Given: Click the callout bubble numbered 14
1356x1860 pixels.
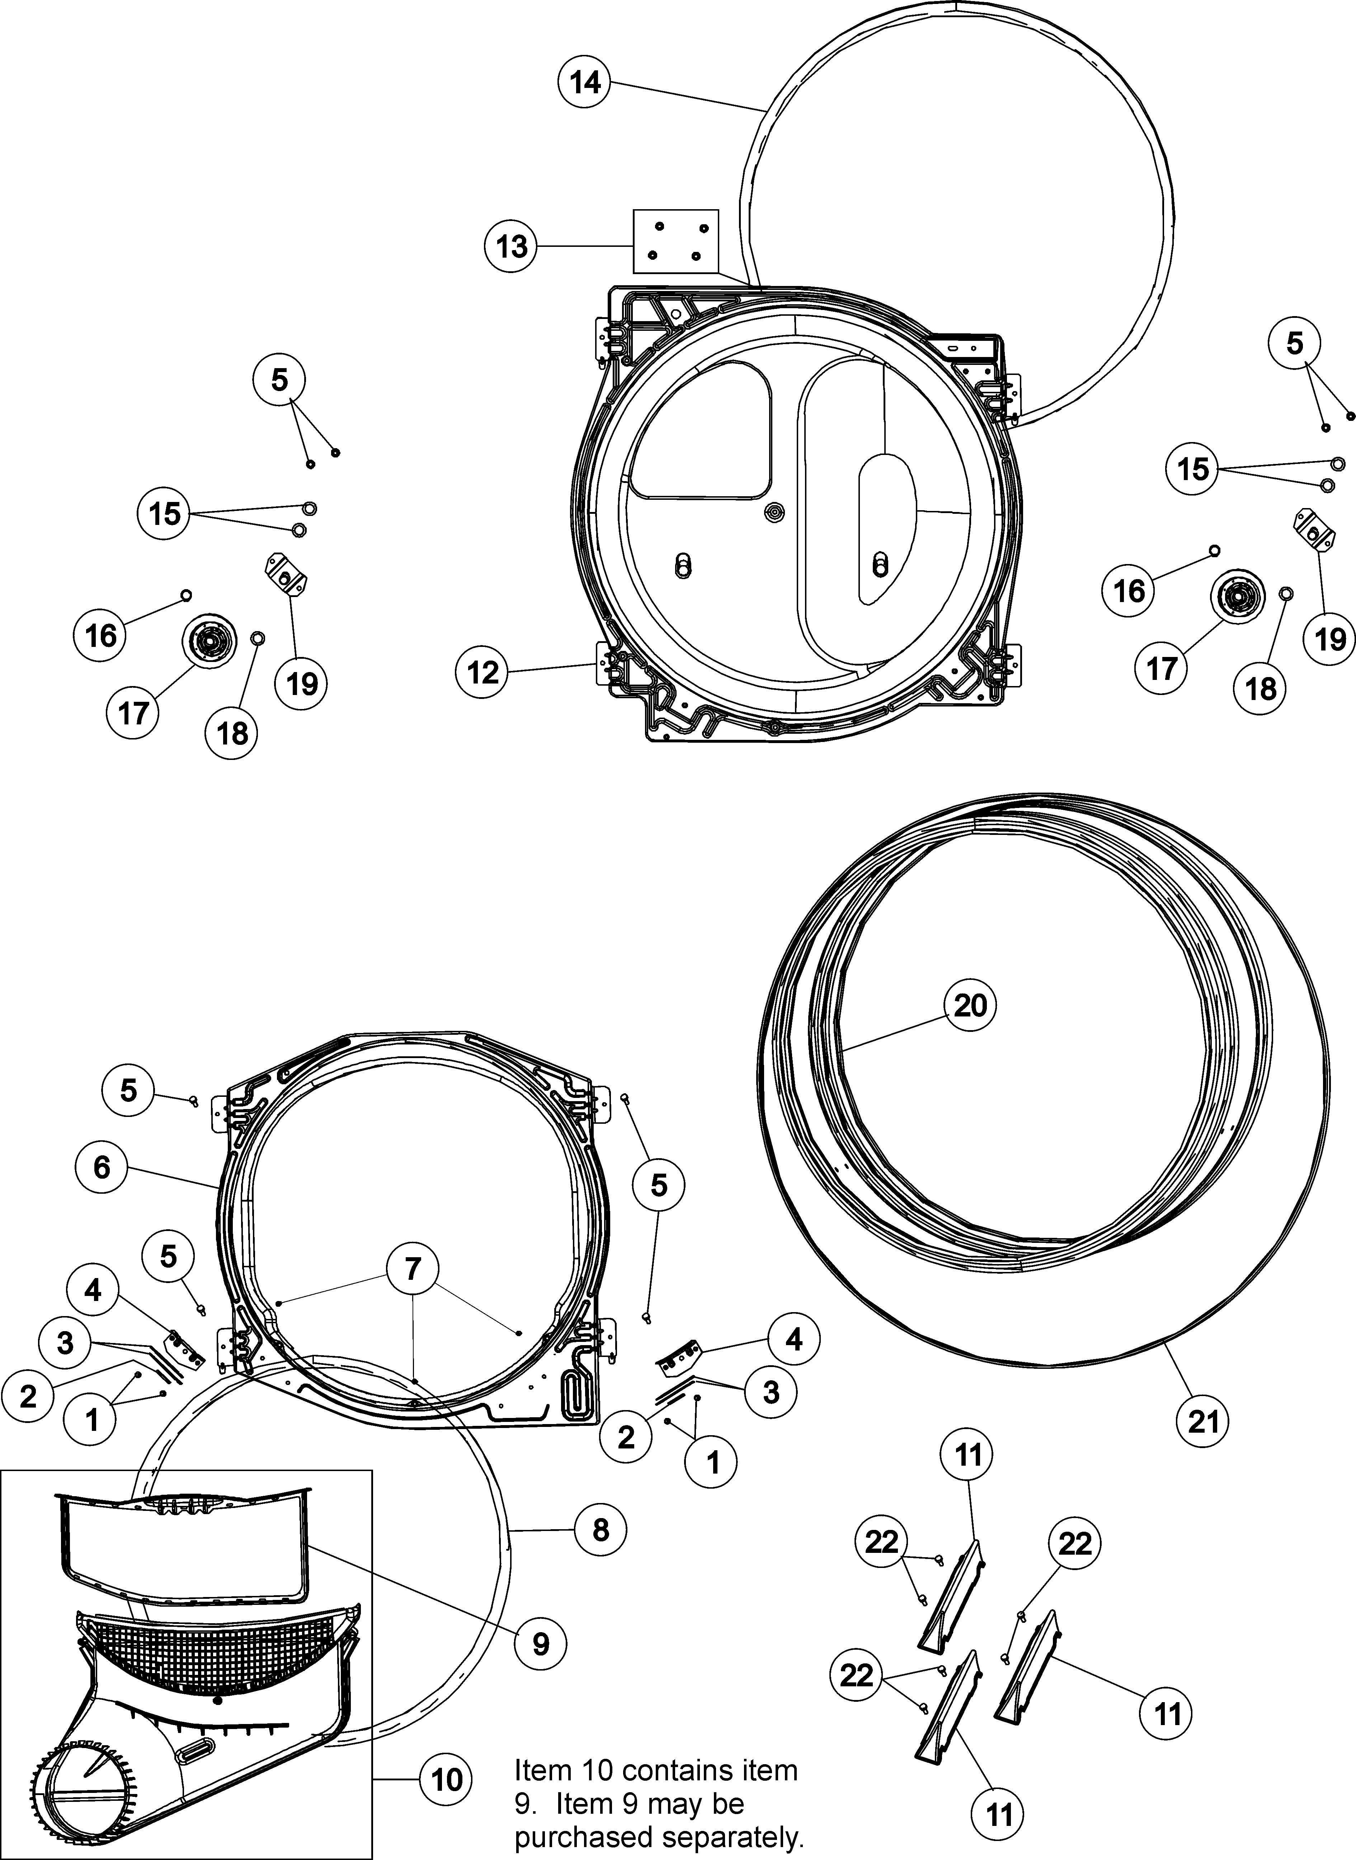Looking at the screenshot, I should pyautogui.click(x=585, y=83).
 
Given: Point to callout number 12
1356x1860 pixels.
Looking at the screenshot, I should pyautogui.click(x=482, y=672).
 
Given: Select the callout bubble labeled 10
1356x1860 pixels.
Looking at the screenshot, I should pyautogui.click(x=447, y=1780).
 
